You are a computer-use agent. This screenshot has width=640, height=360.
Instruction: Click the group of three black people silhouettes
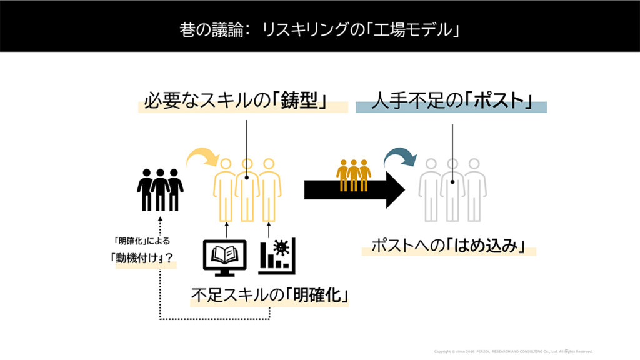(160, 189)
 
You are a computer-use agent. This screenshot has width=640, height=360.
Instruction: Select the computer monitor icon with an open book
(226, 257)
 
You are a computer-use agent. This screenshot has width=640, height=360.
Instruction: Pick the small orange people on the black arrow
(353, 176)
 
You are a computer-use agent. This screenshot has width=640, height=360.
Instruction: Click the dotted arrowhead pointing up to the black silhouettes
(160, 219)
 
